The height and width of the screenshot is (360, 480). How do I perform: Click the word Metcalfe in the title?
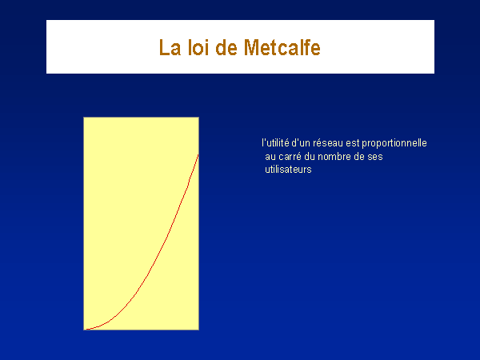(282, 47)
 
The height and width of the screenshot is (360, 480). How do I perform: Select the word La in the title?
(170, 47)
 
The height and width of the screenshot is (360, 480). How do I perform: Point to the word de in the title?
(226, 47)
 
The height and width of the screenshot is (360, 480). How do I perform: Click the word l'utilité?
(275, 143)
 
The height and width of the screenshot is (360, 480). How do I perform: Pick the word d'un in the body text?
(301, 143)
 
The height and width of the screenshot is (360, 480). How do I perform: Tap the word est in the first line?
(352, 143)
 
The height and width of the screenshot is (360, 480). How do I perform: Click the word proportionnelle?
(394, 143)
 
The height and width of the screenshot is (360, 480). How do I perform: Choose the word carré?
(290, 157)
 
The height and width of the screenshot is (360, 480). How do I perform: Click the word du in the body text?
(309, 157)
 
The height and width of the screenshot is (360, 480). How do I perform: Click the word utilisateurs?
(288, 170)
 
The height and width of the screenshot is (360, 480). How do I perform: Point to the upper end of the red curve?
(198, 155)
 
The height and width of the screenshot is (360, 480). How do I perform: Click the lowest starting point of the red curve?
(86, 330)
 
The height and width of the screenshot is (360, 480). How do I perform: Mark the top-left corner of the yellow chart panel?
(83, 117)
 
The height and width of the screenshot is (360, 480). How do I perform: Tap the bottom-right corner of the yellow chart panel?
(198, 330)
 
